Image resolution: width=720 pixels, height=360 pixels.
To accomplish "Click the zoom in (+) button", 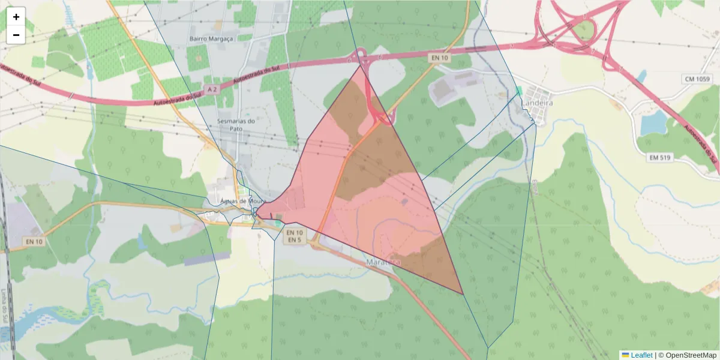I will [x=16, y=17].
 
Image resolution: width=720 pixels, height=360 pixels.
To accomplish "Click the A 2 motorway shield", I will [x=211, y=89].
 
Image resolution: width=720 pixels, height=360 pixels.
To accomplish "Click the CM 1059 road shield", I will [x=696, y=79].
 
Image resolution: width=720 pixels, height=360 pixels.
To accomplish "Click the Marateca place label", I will [x=383, y=262].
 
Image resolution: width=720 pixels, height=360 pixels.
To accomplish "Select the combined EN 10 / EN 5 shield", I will [x=294, y=236].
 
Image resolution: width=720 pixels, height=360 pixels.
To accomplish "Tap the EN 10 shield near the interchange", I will [x=439, y=58].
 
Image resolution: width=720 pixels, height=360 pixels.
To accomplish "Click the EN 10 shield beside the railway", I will [x=34, y=242].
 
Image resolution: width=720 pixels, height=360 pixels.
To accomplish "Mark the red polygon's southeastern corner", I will [x=463, y=294].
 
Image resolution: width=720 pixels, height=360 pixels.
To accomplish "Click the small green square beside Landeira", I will [x=519, y=91].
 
